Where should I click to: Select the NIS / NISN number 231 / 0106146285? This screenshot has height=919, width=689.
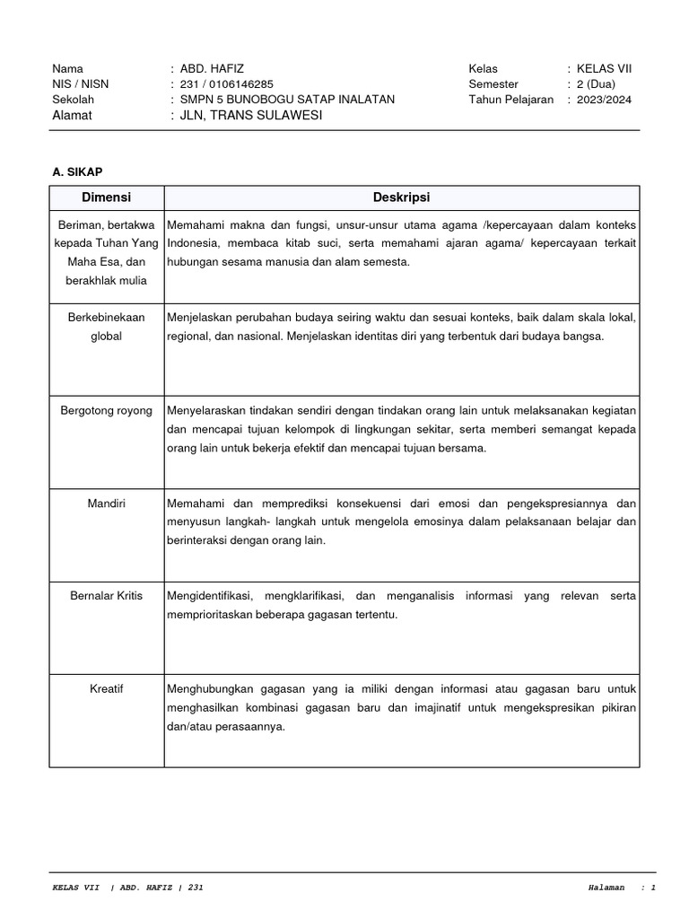228,84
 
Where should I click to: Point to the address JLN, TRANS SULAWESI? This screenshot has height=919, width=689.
250,116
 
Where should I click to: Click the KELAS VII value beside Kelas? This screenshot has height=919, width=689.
604,69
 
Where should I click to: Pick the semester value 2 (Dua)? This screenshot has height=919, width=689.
598,84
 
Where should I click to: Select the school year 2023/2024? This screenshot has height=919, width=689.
604,100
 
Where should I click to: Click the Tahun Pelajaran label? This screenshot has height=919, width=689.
510,100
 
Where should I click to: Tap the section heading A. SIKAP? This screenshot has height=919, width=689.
78,171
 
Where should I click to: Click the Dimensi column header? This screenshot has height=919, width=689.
107,197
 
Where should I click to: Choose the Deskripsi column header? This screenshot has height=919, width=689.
401,197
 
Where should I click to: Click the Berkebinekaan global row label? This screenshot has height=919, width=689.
106,327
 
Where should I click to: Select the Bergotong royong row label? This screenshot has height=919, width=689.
106,410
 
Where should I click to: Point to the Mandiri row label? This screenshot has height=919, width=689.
106,503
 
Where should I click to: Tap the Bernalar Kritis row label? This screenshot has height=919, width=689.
106,596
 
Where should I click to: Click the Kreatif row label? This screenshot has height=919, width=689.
106,689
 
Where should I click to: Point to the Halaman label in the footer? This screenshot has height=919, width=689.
606,888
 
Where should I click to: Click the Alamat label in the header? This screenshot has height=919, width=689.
73,116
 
